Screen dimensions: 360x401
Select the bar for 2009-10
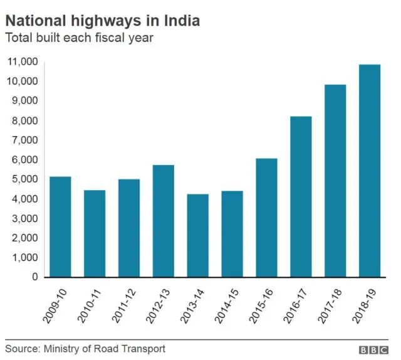60,226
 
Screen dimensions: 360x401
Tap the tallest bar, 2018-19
369,171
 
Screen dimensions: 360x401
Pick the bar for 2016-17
301,196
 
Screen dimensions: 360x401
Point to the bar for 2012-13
163,221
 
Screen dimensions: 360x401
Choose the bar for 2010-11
95,233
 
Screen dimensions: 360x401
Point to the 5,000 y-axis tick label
24,179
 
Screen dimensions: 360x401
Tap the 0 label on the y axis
35,277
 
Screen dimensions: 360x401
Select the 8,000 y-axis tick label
24,120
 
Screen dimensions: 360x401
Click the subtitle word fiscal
105,38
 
